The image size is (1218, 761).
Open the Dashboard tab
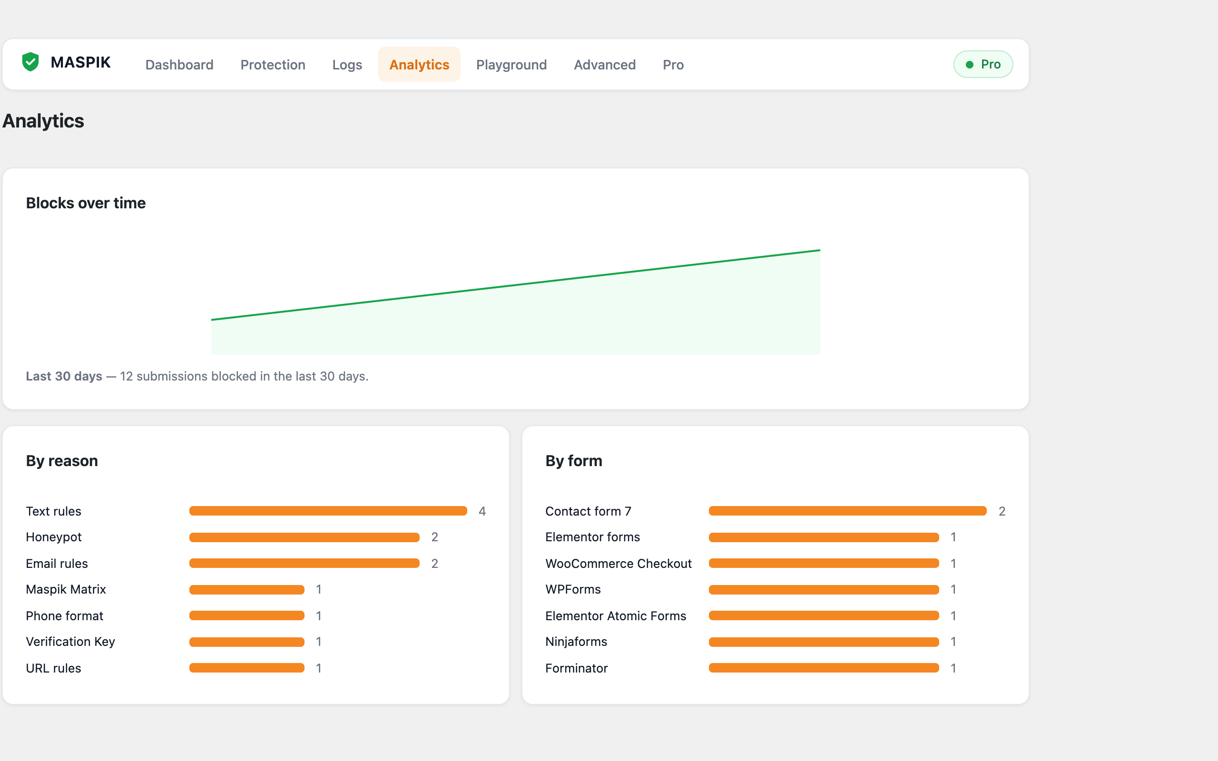179,64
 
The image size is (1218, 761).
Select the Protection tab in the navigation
273,64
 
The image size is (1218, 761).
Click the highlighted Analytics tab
419,64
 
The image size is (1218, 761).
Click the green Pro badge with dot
983,64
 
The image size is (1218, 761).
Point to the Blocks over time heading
86,203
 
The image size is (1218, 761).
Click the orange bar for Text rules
328,511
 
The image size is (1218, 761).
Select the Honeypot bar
304,537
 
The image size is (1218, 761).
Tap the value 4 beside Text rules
482,511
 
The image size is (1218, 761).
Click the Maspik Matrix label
66,589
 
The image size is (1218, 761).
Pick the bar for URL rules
246,668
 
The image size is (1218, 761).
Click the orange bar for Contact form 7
847,511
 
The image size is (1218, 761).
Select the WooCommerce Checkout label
619,563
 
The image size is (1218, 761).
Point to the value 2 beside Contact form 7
1002,511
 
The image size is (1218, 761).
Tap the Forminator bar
824,668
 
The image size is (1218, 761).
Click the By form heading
574,461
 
